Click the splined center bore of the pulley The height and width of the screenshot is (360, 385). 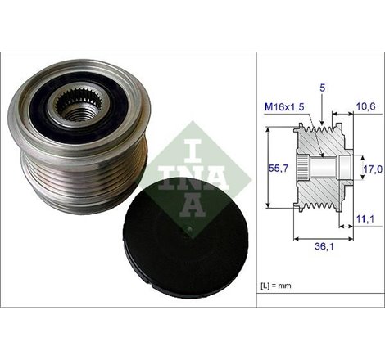(78, 106)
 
